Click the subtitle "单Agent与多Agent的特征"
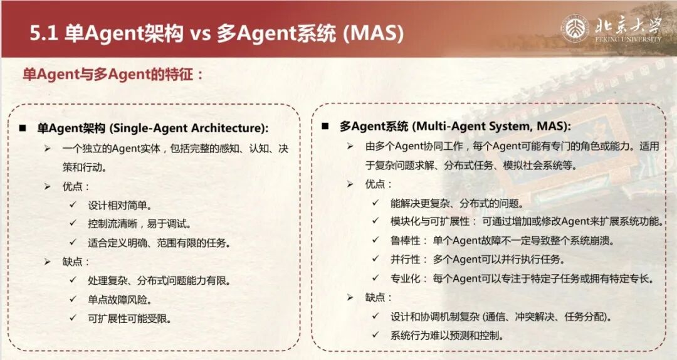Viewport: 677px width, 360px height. (x=113, y=74)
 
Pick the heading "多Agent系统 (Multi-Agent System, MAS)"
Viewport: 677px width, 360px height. (x=455, y=126)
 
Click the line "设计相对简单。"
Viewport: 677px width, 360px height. (x=120, y=204)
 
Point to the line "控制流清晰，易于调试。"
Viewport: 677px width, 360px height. (x=139, y=223)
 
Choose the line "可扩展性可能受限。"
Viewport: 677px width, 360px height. (x=130, y=318)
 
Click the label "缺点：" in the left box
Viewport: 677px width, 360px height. (x=76, y=262)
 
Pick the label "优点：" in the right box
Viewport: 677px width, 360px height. (x=379, y=184)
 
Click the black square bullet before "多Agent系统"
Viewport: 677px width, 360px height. (x=325, y=126)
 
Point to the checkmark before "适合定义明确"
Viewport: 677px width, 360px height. (x=73, y=243)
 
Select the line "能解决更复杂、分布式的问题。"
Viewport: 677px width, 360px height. (x=456, y=203)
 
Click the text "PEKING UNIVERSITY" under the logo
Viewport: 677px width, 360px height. (x=627, y=39)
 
